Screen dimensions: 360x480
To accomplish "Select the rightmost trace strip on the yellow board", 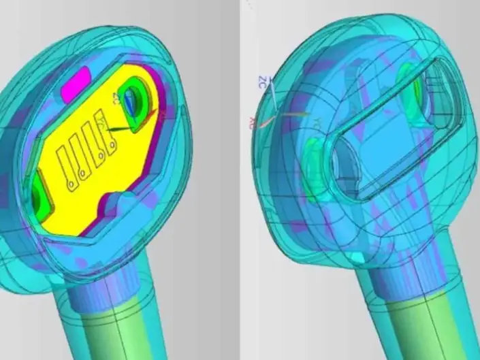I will pyautogui.click(x=103, y=138).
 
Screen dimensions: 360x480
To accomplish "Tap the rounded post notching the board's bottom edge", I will pyautogui.click(x=113, y=201).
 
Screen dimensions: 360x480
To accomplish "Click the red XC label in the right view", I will pyautogui.click(x=253, y=122).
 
